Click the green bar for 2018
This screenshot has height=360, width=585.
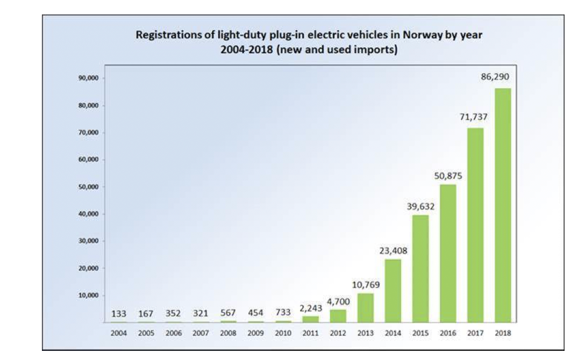pyautogui.click(x=502, y=205)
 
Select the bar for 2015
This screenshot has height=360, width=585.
pyautogui.click(x=420, y=269)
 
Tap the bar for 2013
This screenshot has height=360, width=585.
pyautogui.click(x=366, y=308)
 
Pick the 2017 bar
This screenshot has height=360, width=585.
pyautogui.click(x=475, y=225)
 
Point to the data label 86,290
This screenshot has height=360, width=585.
pyautogui.click(x=495, y=77)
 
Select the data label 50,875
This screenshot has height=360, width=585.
pyautogui.click(x=448, y=175)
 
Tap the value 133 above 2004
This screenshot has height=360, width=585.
pyautogui.click(x=119, y=313)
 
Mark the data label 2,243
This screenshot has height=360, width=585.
pyautogui.click(x=310, y=308)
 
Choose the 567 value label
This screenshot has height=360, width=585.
pyautogui.click(x=228, y=313)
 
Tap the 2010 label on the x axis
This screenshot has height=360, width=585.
pyautogui.click(x=283, y=333)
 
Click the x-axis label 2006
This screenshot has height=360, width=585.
pyautogui.click(x=173, y=333)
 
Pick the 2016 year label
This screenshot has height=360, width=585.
pyautogui.click(x=447, y=333)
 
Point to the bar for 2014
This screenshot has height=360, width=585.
pyautogui.click(x=393, y=291)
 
